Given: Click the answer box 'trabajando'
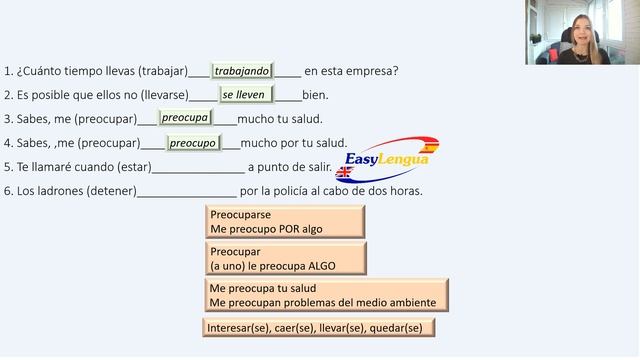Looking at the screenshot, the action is pyautogui.click(x=242, y=71).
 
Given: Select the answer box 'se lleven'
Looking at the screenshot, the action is pyautogui.click(x=246, y=95).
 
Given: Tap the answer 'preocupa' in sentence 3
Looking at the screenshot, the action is pyautogui.click(x=185, y=118).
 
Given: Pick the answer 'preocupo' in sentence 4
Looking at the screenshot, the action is pyautogui.click(x=193, y=143).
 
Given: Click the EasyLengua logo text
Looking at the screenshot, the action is pyautogui.click(x=387, y=159).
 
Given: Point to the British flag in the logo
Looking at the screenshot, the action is pyautogui.click(x=344, y=172).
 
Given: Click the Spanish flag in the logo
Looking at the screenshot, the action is pyautogui.click(x=428, y=146).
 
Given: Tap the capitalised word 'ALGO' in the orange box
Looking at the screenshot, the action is pyautogui.click(x=322, y=266).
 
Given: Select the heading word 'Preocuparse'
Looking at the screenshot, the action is pyautogui.click(x=240, y=215).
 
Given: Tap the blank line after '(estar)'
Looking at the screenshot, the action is pyautogui.click(x=198, y=173).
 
